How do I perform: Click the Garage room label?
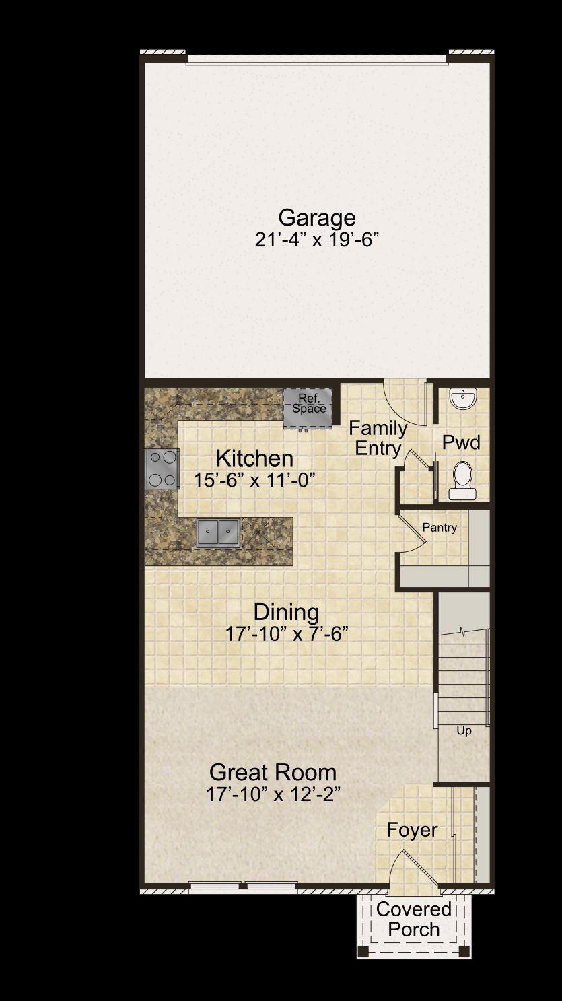(317, 218)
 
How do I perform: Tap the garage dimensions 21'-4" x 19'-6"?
(317, 240)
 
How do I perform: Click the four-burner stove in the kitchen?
(162, 469)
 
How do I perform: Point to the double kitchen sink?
(219, 532)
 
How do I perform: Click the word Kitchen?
(254, 458)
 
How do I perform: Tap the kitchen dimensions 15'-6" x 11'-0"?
(254, 480)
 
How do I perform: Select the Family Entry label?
(378, 438)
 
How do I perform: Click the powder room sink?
(463, 399)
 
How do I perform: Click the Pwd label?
(461, 442)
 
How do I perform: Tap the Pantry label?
(440, 528)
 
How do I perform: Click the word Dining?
(286, 612)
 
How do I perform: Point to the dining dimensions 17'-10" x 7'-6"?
(286, 633)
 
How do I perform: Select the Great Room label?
(273, 773)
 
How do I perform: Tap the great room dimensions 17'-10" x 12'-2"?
(273, 794)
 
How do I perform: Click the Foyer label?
(412, 830)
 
